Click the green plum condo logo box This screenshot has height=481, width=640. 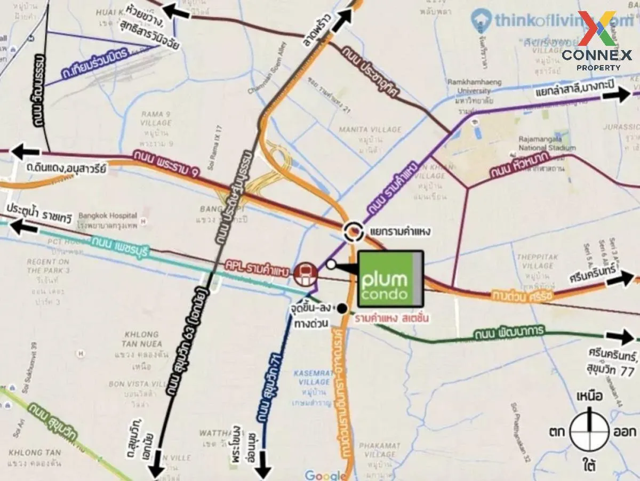pos(391,279)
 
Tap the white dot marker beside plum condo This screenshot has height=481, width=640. pos(331,264)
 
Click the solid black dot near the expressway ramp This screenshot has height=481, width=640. pos(342,308)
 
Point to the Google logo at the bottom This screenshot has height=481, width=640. pos(325,476)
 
